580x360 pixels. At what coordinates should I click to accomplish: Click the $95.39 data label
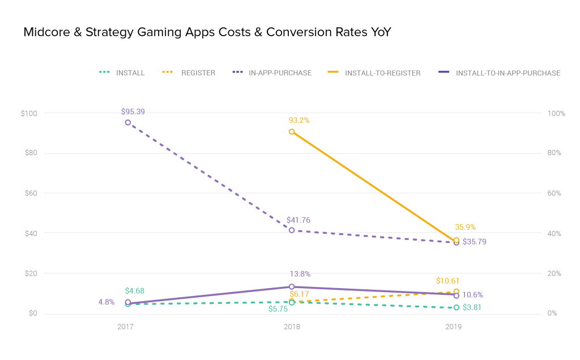coord(133,112)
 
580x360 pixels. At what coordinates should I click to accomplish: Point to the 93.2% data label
coord(298,120)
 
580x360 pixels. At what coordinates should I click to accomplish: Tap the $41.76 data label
coord(298,220)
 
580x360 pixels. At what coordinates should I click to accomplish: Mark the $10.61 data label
coord(447,281)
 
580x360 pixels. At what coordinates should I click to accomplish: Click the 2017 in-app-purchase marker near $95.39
coord(128,122)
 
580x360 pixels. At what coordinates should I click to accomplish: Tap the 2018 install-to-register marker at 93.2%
coord(292,131)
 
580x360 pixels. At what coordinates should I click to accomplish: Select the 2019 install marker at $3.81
coord(457,307)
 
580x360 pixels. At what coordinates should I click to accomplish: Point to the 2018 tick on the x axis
coord(292,327)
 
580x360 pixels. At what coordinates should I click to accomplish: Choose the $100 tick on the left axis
coord(29,113)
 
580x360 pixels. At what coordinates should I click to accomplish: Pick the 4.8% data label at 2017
coord(106,302)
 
